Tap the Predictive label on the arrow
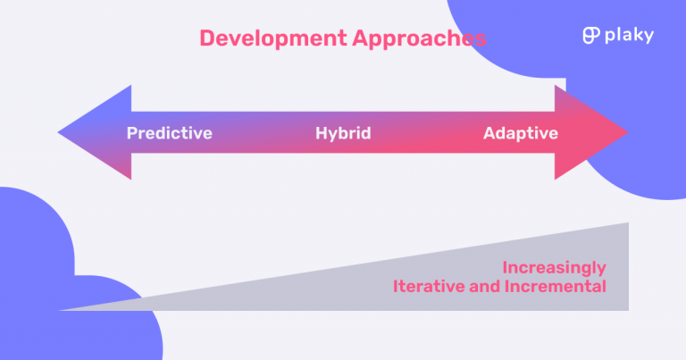point(170,134)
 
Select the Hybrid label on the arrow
point(343,134)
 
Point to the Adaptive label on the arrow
point(521,134)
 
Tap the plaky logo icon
point(590,36)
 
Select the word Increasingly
point(554,267)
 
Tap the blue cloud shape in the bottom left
point(54,268)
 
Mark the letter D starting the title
point(206,38)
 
